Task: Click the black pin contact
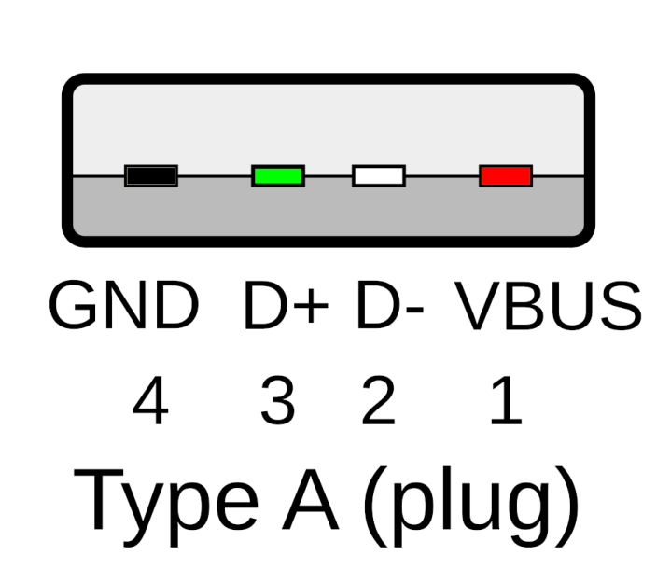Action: (150, 174)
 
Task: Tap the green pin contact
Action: (277, 174)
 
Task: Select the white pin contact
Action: (378, 174)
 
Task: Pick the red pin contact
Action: (505, 174)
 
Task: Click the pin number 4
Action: (150, 403)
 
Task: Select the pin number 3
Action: (277, 403)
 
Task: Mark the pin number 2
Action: (378, 403)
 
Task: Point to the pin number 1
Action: (505, 403)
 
